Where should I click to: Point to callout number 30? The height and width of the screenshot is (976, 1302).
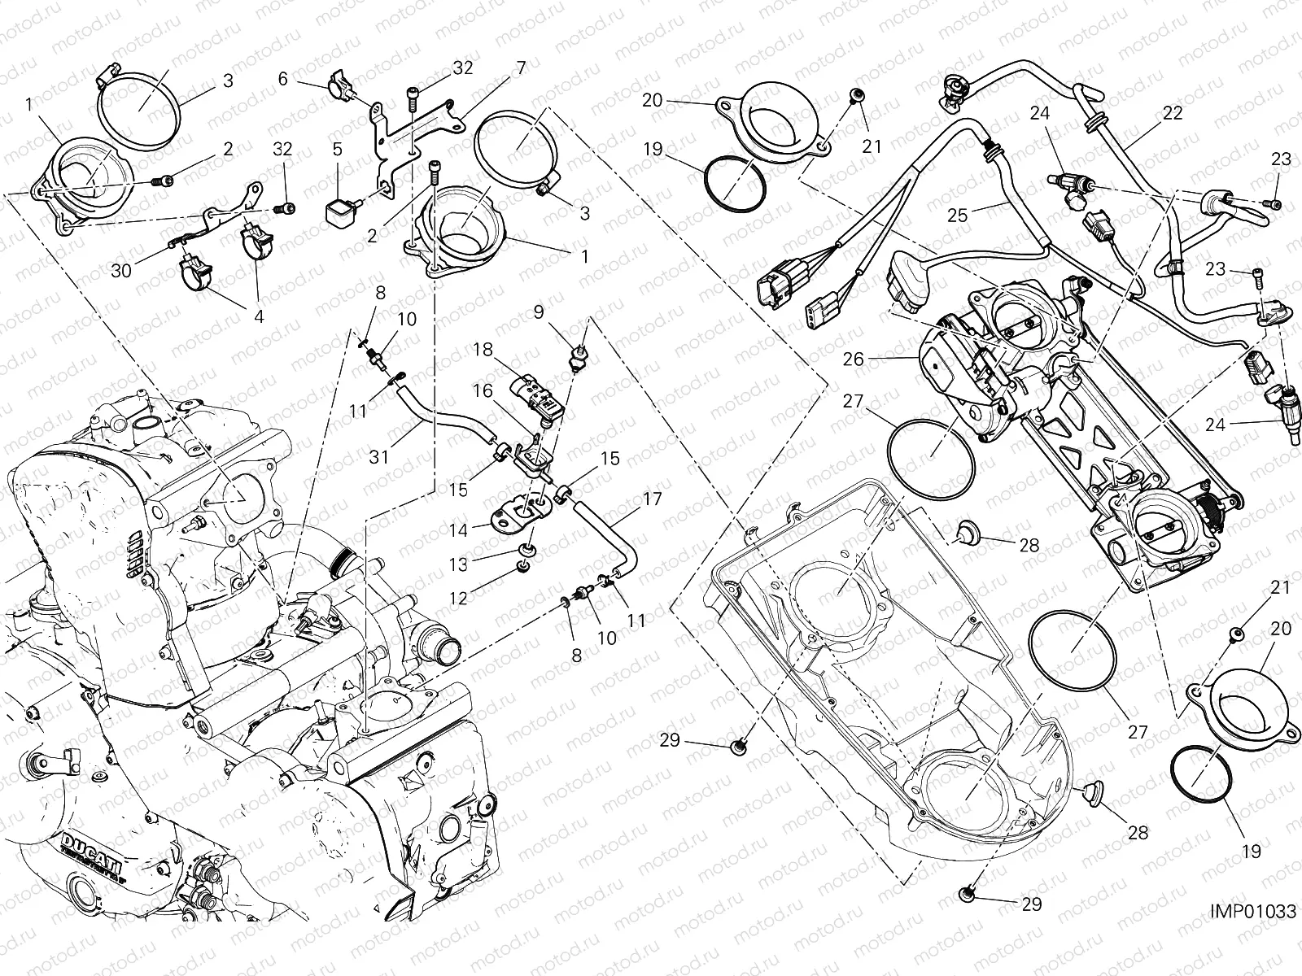121,271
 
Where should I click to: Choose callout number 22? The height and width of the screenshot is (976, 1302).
1173,114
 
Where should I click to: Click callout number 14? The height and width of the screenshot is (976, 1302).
458,529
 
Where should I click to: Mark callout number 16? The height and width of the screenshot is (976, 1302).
483,391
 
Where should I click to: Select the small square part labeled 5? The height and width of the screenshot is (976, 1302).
339,214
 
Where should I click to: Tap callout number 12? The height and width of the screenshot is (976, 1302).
458,598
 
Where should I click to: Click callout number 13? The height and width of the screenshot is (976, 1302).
458,564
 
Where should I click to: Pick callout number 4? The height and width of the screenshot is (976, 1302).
258,317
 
